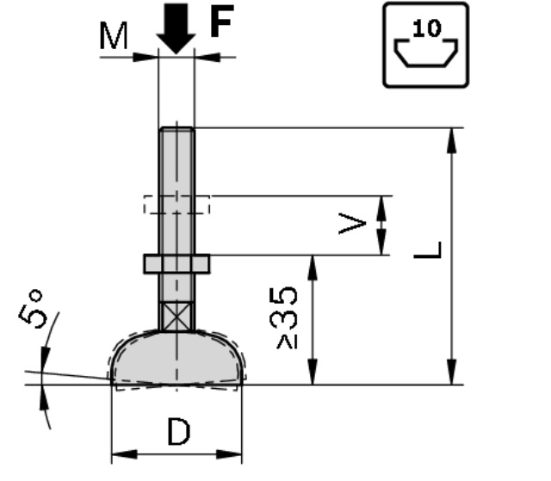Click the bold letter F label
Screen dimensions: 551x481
221,21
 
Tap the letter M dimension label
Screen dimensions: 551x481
114,35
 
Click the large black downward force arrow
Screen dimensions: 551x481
176,28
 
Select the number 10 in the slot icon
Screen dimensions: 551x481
427,28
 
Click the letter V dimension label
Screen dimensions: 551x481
352,224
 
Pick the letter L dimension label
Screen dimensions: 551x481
427,250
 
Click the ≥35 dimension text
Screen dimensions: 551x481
288,318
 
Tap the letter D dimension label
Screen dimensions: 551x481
179,431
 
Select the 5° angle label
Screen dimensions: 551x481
31,309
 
